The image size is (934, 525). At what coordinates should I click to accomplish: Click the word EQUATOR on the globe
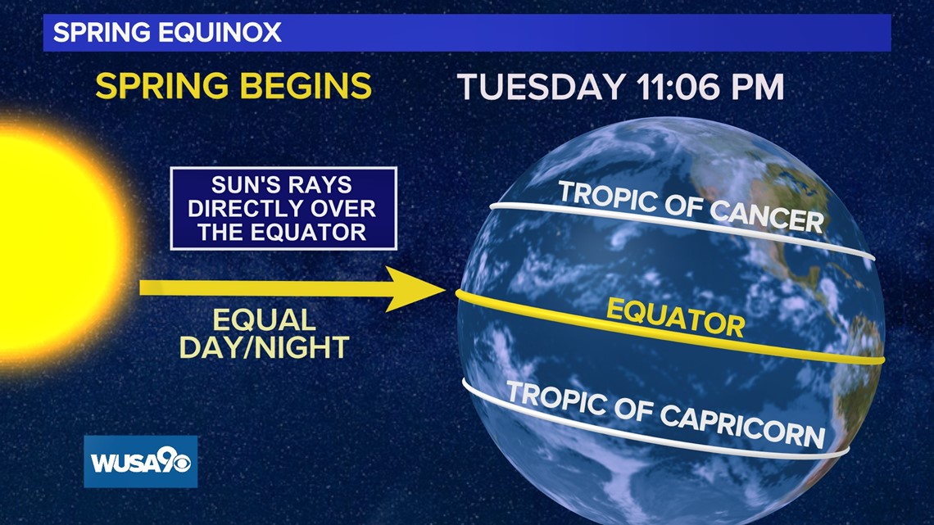click(675, 318)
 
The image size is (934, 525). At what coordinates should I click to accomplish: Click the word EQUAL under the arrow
click(264, 320)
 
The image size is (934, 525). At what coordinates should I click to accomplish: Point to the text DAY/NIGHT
click(264, 347)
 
